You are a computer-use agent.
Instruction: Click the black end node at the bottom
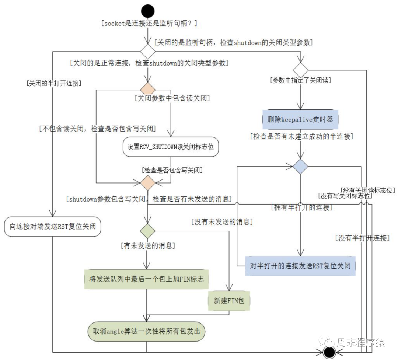point(329,353)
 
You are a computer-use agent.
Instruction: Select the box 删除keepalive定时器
point(300,119)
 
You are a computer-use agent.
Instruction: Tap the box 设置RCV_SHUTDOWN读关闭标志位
point(171,147)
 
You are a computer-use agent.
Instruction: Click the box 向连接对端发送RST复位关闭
point(52,226)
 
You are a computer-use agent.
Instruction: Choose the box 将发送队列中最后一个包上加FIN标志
point(146,279)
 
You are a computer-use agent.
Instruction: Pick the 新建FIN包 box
point(229,301)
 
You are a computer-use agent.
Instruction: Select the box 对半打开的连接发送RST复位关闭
point(300,265)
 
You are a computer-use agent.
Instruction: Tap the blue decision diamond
point(300,167)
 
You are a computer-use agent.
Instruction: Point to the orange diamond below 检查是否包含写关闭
point(147,183)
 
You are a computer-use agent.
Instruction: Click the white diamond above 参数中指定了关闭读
point(300,69)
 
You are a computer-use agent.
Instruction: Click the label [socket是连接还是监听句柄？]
point(149,23)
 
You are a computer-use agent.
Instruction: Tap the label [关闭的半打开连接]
point(54,83)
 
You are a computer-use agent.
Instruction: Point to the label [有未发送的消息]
point(147,245)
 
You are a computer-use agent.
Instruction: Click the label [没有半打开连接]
point(362,238)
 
